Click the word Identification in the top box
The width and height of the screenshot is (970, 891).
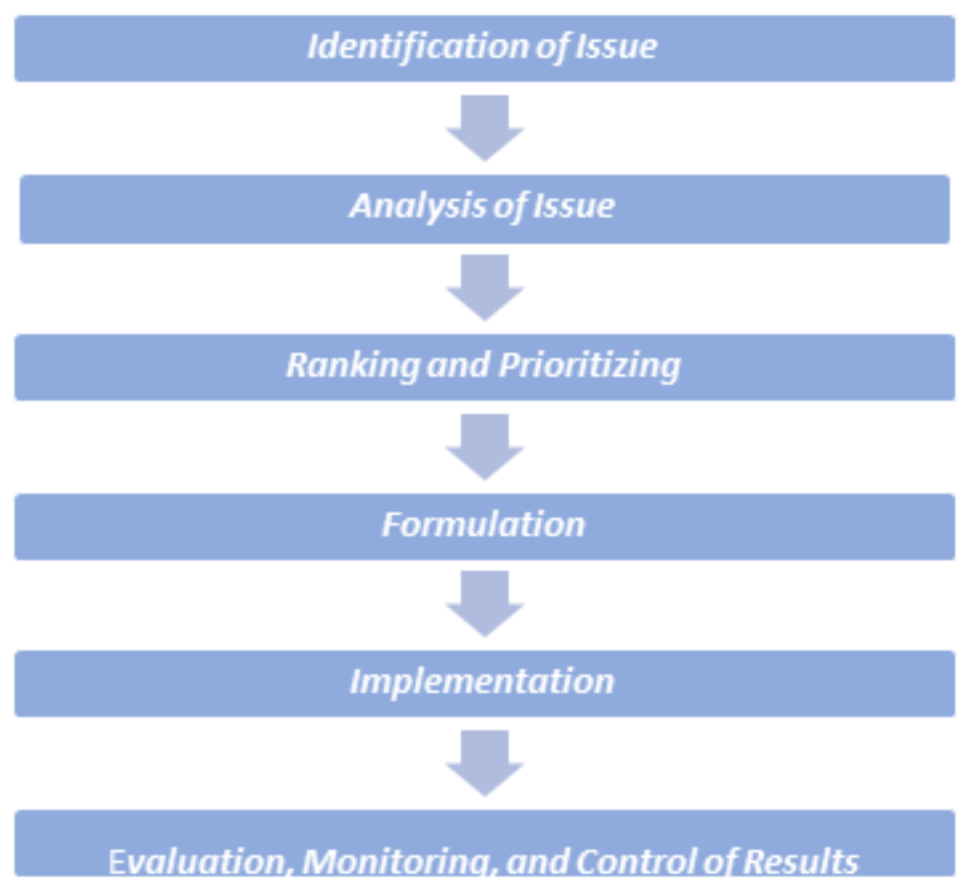pos(418,46)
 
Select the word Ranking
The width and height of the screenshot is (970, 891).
pos(352,365)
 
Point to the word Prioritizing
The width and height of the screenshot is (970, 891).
pos(589,365)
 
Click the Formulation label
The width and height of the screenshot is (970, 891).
pos(483,525)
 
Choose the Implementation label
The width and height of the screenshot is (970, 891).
pos(482,683)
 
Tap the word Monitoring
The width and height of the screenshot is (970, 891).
pos(399,862)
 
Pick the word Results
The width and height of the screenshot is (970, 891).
pos(800,862)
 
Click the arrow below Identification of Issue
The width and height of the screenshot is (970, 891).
pos(485,128)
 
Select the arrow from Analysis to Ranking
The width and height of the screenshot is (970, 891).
pos(485,288)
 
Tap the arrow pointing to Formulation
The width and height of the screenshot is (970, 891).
pos(485,447)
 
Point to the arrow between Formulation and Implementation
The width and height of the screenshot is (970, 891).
pos(485,604)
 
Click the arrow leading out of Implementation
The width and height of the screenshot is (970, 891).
pos(485,763)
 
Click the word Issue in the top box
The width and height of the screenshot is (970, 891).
pos(616,46)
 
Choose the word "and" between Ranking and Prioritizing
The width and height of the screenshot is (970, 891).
pos(458,365)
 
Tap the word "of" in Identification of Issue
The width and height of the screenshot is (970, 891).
pos(552,47)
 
